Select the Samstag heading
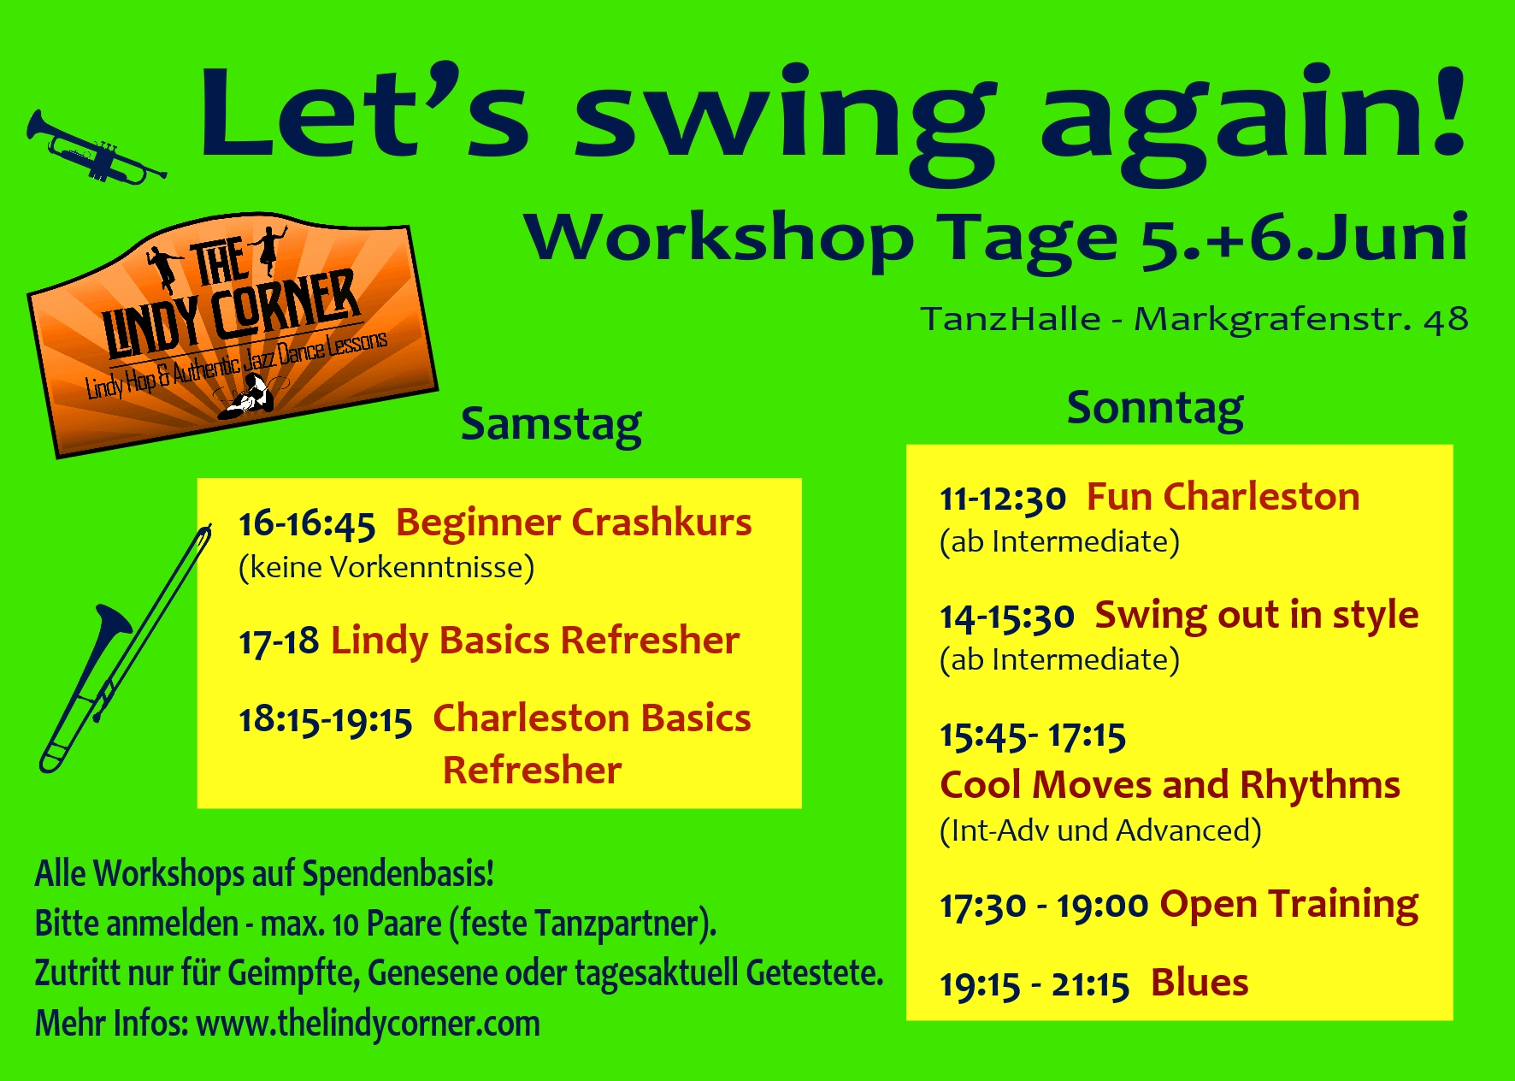551,425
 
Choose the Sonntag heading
1155,409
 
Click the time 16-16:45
307,524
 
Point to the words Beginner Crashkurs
574,522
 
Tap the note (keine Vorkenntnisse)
386,567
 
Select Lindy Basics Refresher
535,641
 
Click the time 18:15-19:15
326,720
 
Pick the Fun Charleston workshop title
1223,497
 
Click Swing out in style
1257,616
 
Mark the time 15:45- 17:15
1033,735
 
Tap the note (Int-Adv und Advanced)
1100,830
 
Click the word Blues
1200,984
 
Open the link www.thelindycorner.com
368,1025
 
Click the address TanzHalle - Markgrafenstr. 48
1194,319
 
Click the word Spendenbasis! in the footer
398,874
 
